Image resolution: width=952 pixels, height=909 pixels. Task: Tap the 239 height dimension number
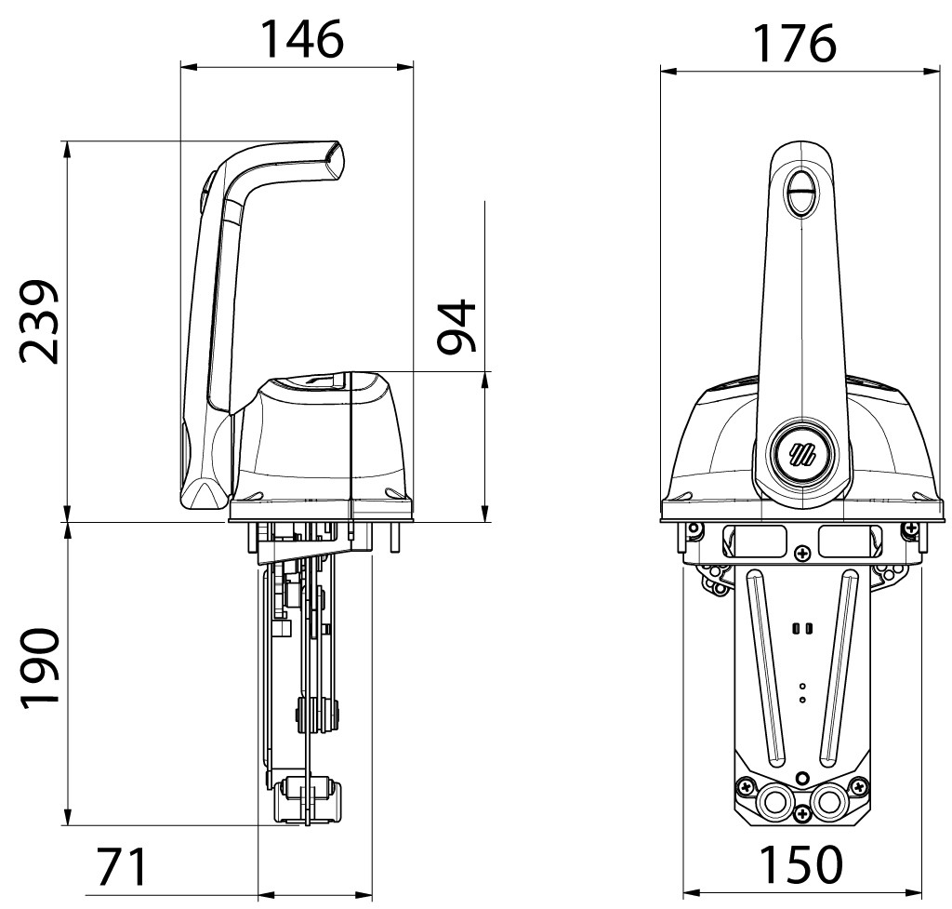click(40, 321)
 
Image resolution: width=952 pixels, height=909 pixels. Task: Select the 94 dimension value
click(456, 326)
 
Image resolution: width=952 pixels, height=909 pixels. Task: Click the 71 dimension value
click(122, 867)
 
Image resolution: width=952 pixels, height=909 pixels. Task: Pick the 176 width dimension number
click(794, 44)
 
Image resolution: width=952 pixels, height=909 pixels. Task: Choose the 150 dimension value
click(801, 864)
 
